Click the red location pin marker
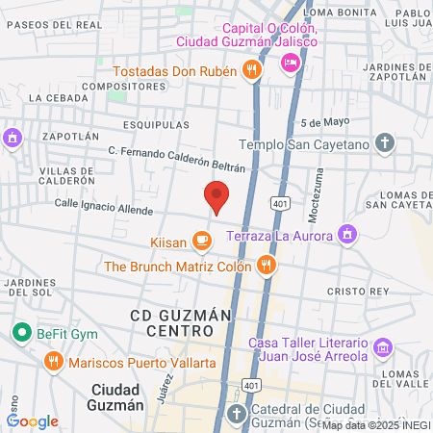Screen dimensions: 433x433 [217, 196]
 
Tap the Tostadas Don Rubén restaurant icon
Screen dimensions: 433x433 [250, 69]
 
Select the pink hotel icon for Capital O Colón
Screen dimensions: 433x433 [289, 63]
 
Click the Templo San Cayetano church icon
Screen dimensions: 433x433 [385, 144]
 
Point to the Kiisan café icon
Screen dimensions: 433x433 [201, 240]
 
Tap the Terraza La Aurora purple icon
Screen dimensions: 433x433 [347, 235]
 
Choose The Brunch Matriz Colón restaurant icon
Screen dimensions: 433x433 [267, 266]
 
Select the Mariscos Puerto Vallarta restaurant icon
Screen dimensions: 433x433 [53, 363]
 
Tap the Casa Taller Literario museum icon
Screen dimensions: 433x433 [383, 347]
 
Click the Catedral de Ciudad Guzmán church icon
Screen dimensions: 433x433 [237, 413]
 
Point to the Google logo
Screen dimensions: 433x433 [33, 420]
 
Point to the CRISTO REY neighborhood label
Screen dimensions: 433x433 [357, 291]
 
